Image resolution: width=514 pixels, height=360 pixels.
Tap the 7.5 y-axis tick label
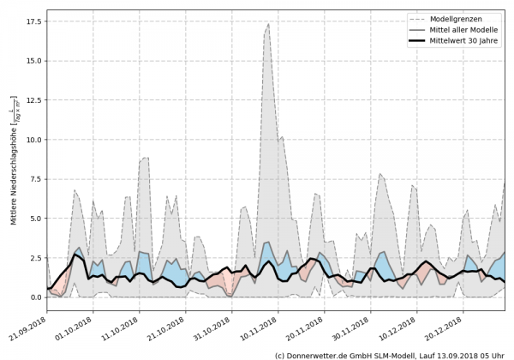coord(35,179)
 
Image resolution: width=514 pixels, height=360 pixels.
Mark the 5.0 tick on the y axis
coord(35,219)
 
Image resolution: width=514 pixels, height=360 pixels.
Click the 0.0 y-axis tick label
coord(35,297)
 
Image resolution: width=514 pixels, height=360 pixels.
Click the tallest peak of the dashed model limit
coord(268,24)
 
